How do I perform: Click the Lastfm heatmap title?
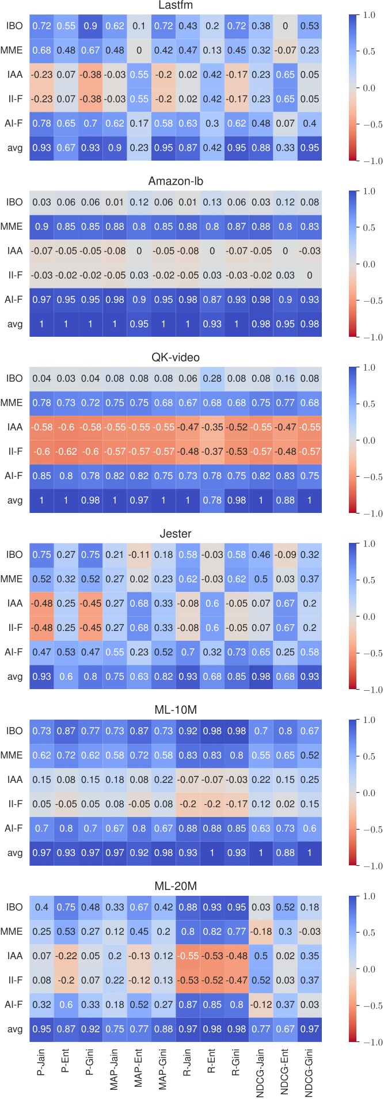pos(176,5)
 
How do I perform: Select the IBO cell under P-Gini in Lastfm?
pos(90,26)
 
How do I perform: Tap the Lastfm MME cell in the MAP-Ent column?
pos(139,50)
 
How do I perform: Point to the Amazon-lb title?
pos(176,181)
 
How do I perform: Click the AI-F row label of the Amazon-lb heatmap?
pos(14,299)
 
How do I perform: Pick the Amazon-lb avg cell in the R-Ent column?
pos(212,324)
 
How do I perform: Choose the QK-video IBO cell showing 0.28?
pos(212,378)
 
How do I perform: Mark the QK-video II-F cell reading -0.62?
pos(66,451)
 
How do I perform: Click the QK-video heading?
pos(176,358)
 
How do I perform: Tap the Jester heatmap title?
pos(176,534)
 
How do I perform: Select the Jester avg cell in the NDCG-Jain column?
pos(261,676)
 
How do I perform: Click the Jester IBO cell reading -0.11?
pos(139,554)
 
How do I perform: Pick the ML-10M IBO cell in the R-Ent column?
pos(212,731)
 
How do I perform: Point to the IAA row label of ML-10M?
pos(14,779)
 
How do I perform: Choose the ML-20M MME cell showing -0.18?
pos(261,931)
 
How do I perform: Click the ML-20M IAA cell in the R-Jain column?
pos(188,956)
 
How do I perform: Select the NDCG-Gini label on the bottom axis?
pos(310,1074)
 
